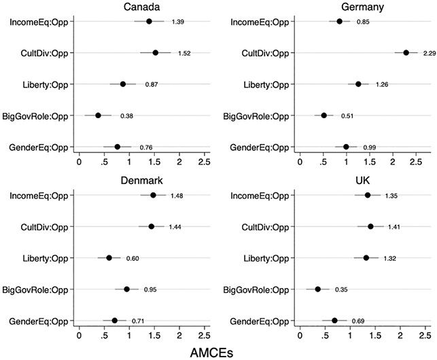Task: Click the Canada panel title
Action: click(x=141, y=7)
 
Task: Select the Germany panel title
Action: click(x=362, y=7)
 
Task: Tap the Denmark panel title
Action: click(x=141, y=181)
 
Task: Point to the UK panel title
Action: click(x=363, y=181)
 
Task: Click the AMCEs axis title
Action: click(x=211, y=353)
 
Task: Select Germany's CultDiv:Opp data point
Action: click(x=406, y=53)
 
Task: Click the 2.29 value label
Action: click(x=430, y=53)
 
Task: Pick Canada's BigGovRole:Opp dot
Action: click(x=98, y=115)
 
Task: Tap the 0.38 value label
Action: click(x=127, y=116)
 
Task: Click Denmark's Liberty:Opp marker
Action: click(x=109, y=257)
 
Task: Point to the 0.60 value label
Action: click(x=133, y=258)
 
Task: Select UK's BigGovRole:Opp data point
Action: click(x=317, y=289)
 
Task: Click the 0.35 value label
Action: click(x=341, y=290)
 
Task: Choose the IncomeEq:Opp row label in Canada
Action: click(x=39, y=22)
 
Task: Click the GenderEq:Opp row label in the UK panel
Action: click(x=260, y=321)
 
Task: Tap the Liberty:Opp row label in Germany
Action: click(x=266, y=85)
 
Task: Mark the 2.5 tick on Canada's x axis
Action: click(x=204, y=162)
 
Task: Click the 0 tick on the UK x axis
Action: click(x=300, y=336)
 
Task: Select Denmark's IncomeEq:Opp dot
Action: click(x=153, y=195)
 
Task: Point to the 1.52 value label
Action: click(x=184, y=53)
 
